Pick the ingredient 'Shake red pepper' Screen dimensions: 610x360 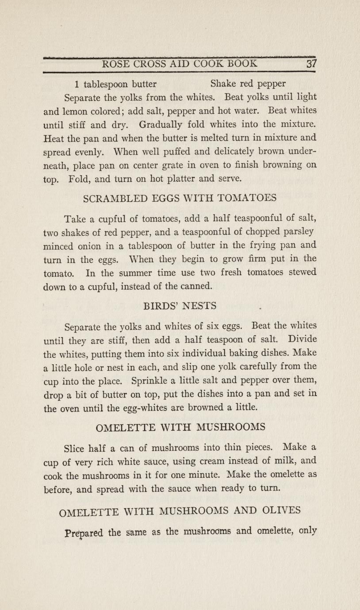coord(248,84)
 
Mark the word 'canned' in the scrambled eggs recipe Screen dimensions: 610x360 coord(191,286)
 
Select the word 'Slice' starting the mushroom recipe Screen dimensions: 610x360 coord(75,449)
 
